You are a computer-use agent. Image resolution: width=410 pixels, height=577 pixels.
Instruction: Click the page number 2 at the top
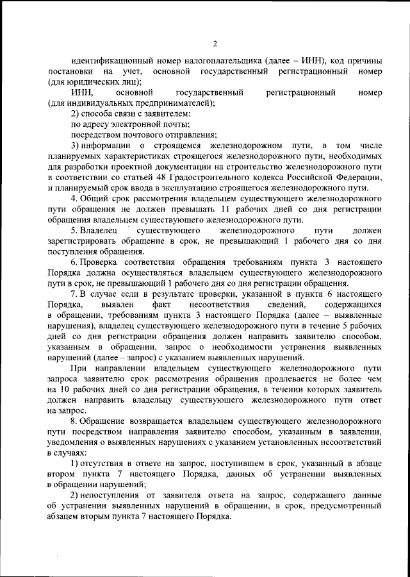(x=215, y=44)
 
